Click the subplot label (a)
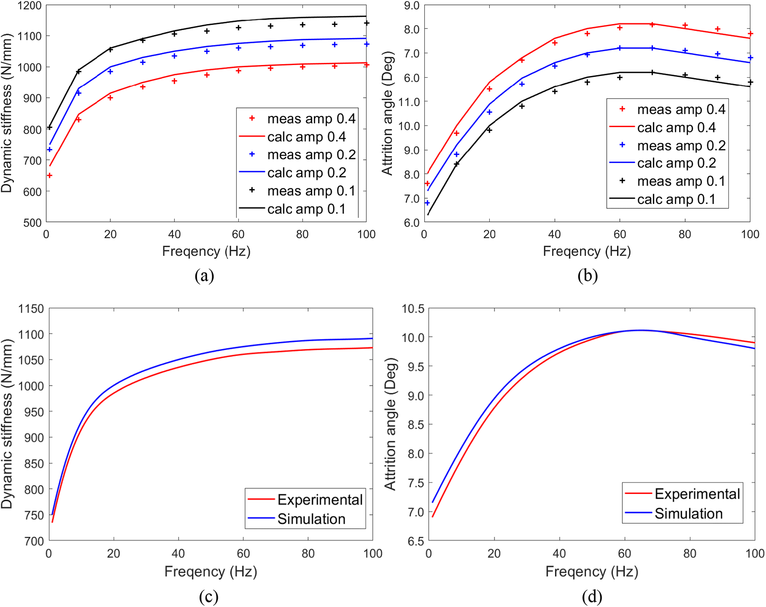[x=204, y=276]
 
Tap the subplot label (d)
[x=591, y=597]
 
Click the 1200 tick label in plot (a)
[x=30, y=6]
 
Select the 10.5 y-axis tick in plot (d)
[x=412, y=309]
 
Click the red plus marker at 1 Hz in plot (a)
[x=50, y=176]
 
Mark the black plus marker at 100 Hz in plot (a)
[x=367, y=23]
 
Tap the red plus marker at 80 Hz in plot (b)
[x=685, y=25]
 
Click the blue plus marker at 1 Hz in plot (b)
[x=427, y=203]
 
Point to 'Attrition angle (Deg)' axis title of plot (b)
[x=388, y=114]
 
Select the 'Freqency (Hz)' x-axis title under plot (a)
[x=206, y=251]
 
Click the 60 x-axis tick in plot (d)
[x=625, y=553]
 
